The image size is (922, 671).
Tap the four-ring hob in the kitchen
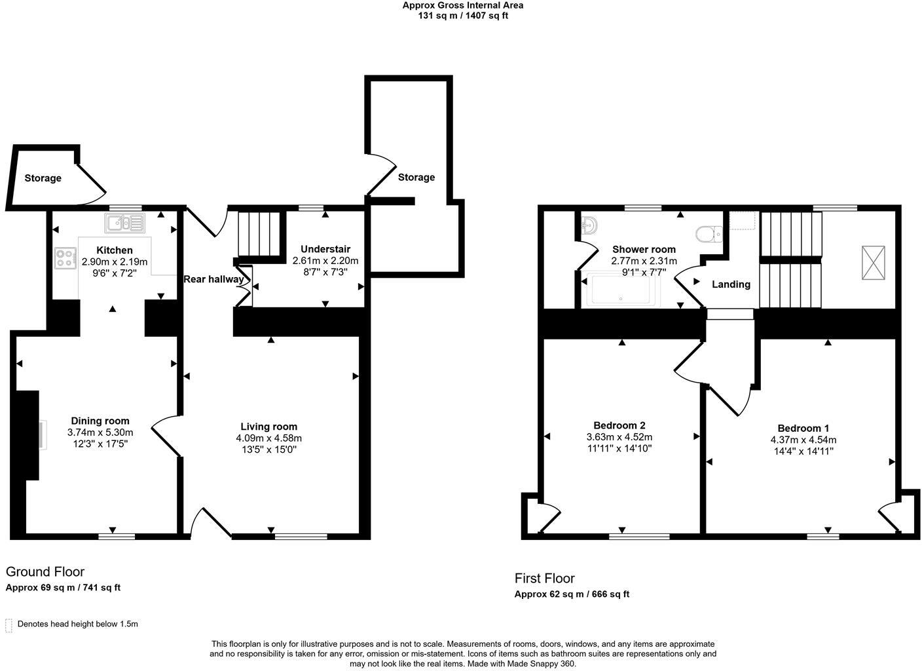coord(65,257)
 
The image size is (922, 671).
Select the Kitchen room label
coord(115,250)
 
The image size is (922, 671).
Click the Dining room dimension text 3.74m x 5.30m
coord(100,432)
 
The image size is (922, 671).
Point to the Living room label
coord(268,427)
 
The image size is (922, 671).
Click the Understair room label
coord(325,249)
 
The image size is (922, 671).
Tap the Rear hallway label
coord(213,279)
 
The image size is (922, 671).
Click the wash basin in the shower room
coord(589,225)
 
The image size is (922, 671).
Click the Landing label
coord(731,284)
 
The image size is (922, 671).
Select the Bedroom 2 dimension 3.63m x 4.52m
coord(619,437)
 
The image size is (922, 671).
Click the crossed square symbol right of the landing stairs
coord(872,263)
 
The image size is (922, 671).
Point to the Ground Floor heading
coord(45,571)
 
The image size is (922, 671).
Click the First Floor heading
coord(544,578)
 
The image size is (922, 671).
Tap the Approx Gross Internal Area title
coord(462,5)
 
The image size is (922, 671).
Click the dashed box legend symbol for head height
coord(9,624)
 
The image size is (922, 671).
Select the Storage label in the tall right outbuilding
coord(416,178)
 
